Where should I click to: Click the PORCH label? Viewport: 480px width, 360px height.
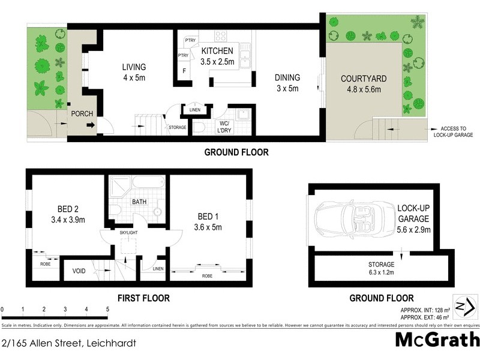pyautogui.click(x=80, y=113)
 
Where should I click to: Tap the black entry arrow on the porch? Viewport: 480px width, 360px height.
pyautogui.click(x=90, y=125)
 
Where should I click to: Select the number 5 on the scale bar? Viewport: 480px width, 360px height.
pyautogui.click(x=107, y=310)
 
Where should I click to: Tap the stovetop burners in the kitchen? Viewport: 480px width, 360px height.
pyautogui.click(x=221, y=36)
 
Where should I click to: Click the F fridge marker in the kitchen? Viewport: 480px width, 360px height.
pyautogui.click(x=184, y=70)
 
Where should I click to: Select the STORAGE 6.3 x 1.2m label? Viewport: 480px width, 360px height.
pyautogui.click(x=382, y=268)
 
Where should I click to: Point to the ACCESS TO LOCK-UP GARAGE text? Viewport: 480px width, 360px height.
pyautogui.click(x=454, y=131)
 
